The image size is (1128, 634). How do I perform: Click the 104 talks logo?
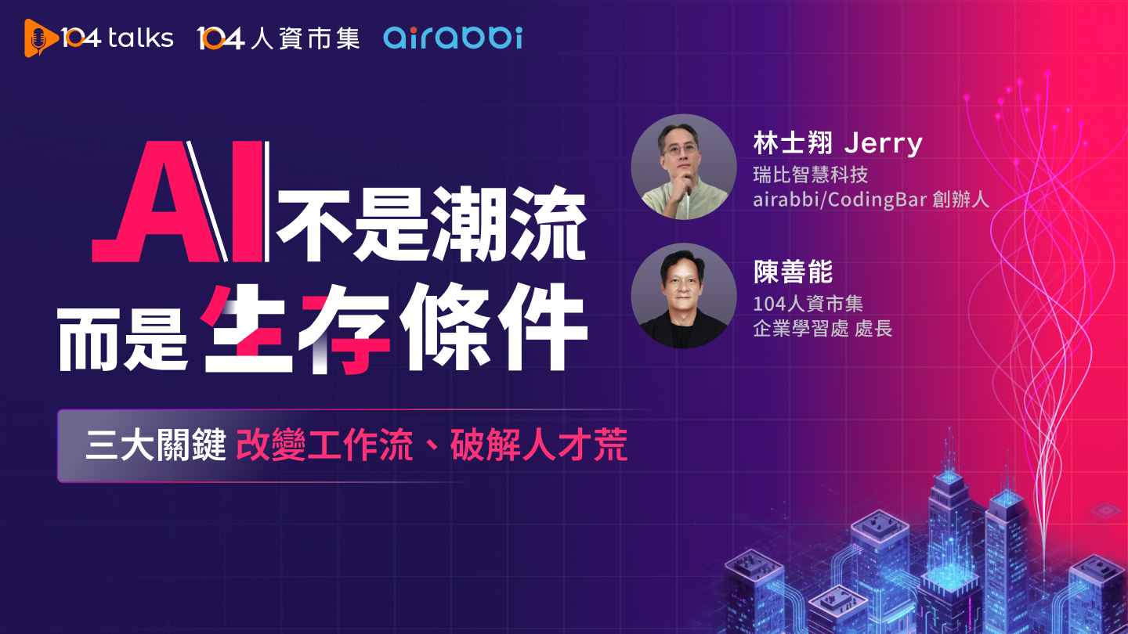pos(99,38)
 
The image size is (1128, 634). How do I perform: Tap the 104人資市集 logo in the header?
pos(278,38)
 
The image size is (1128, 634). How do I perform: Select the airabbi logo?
pos(452,37)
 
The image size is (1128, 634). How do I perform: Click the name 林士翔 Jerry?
pos(837,144)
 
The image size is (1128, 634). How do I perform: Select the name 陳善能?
pos(792,272)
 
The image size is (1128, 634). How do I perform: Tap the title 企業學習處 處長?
pos(822,328)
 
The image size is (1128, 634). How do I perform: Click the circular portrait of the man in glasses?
pos(684,167)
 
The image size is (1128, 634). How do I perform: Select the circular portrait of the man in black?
pos(684,295)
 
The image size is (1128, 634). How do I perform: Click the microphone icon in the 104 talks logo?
pos(35,38)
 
